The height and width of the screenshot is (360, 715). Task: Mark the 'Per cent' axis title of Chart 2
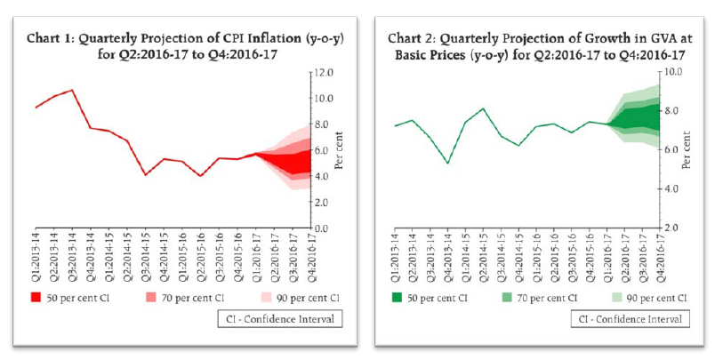[x=686, y=149]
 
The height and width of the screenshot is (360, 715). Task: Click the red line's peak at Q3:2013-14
[x=72, y=90]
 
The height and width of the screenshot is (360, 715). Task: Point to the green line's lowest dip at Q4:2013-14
[x=447, y=163]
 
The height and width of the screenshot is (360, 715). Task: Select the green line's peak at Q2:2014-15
[x=482, y=108]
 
